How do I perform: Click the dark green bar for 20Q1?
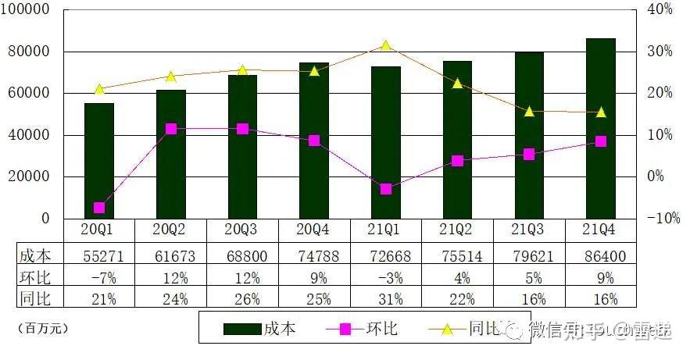pos(99,160)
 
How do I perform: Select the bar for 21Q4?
pos(601,128)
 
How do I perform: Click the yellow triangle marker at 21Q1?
pos(386,46)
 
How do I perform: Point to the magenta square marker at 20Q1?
pos(99,208)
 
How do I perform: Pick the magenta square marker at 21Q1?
pos(386,189)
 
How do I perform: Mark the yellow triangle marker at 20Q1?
pos(99,89)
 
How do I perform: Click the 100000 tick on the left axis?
pos(28,9)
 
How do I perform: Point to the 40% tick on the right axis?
pos(660,9)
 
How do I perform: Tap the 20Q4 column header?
pos(314,230)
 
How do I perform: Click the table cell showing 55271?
pos(99,255)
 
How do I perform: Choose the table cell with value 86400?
pos(601,255)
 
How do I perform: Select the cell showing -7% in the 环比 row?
pos(99,277)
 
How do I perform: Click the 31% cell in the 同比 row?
pos(386,299)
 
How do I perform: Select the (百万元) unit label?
pos(43,329)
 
